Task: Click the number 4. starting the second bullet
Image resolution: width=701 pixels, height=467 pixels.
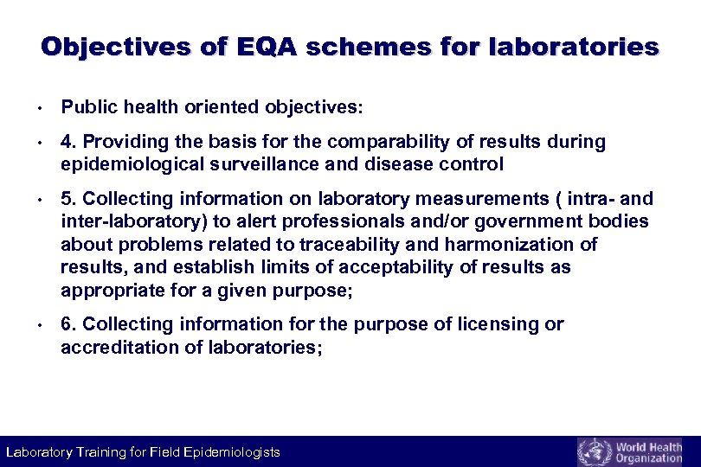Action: pyautogui.click(x=68, y=141)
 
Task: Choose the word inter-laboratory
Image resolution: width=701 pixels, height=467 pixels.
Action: pyautogui.click(x=131, y=221)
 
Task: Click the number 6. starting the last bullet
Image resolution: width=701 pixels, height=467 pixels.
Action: pyautogui.click(x=68, y=324)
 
